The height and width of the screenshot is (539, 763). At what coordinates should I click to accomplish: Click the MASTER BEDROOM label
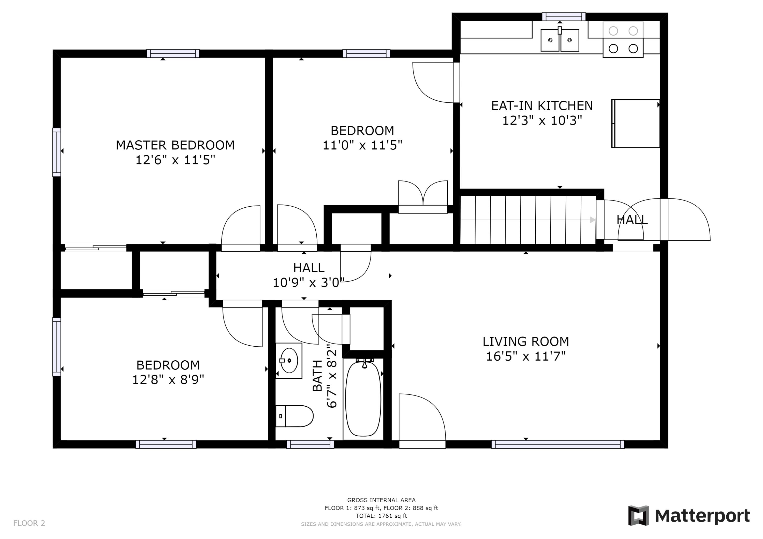coord(175,145)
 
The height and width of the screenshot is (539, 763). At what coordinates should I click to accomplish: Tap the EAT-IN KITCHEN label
coord(542,106)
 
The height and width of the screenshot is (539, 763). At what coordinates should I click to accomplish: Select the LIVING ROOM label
coord(526,341)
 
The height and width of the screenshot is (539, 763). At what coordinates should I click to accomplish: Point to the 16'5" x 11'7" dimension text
coord(526,356)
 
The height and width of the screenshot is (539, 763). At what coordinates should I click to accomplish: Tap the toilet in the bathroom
coord(295,416)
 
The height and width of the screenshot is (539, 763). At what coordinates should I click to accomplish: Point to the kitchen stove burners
coord(623,40)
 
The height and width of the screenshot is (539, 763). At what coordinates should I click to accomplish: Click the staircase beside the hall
coord(528,220)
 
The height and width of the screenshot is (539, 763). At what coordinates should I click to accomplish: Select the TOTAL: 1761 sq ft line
coord(381,516)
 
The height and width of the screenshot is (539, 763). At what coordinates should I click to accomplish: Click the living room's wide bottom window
coord(558,444)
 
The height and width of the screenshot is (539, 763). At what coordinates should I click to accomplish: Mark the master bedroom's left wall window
coord(57,152)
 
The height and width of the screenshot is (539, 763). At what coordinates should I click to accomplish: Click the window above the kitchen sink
coord(564,17)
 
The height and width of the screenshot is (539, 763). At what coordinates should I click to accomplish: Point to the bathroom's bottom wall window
coord(310,444)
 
